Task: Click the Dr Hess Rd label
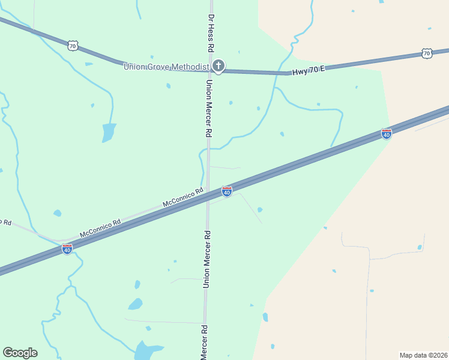pos(211,33)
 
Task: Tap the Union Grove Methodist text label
pos(166,67)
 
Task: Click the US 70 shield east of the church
pos(426,53)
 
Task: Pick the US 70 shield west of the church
pos(72,46)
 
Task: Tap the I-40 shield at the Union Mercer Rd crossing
pos(227,192)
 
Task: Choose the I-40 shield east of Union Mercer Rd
pos(387,134)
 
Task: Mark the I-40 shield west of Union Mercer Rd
pos(67,249)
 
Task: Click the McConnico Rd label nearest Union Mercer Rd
pos(183,199)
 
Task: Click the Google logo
pos(20,353)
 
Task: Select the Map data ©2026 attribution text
pos(423,355)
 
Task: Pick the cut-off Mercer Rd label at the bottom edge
pos(204,343)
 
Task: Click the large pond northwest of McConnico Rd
pos(109,132)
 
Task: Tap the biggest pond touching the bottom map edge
pos(146,350)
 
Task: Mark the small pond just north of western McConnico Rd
pos(57,213)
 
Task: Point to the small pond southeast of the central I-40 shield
pos(259,209)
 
